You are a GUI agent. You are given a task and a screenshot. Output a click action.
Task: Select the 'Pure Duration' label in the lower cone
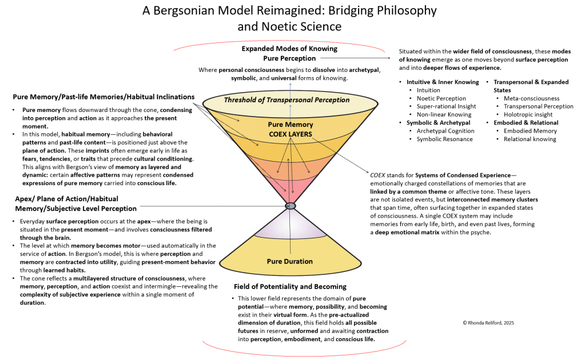(x=289, y=261)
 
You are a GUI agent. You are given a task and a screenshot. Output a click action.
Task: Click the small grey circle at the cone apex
(x=290, y=206)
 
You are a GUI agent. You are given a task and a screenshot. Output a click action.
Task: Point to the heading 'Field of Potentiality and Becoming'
(x=290, y=286)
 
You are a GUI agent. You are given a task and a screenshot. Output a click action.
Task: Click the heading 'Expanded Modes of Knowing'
(x=289, y=49)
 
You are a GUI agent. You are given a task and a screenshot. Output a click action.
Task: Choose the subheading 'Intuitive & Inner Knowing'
(x=443, y=82)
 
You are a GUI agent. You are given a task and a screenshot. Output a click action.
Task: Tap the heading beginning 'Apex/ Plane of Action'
(x=75, y=203)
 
